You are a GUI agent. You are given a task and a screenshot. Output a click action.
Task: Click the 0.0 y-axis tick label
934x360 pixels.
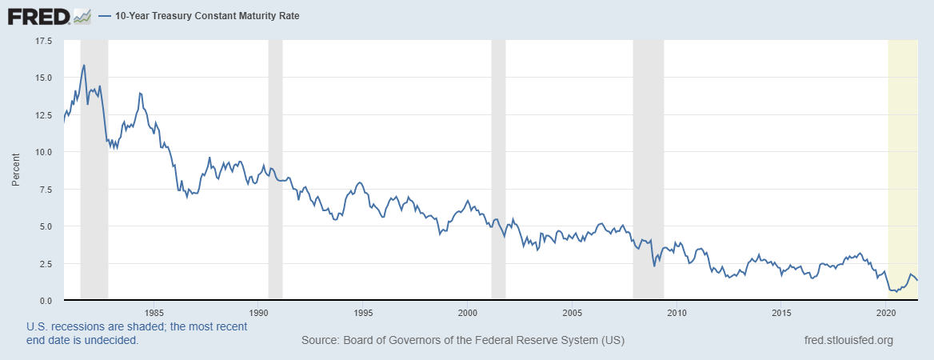click(x=46, y=301)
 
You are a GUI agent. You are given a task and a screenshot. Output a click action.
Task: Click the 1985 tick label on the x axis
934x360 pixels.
click(x=154, y=312)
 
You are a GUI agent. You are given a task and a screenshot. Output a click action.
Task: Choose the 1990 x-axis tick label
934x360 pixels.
click(x=258, y=312)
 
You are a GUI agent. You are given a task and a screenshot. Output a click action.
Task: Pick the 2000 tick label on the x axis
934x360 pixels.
click(x=468, y=312)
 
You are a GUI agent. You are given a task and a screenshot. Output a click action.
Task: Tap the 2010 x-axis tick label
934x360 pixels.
click(x=677, y=312)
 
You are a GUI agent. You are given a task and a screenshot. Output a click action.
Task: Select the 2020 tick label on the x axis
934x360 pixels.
click(x=886, y=312)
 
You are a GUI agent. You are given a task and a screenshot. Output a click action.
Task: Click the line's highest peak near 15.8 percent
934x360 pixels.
click(x=84, y=65)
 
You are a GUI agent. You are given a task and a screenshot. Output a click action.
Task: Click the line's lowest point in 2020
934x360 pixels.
click(x=896, y=292)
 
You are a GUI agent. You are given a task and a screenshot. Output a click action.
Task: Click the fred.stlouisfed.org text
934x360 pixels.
click(x=848, y=341)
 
